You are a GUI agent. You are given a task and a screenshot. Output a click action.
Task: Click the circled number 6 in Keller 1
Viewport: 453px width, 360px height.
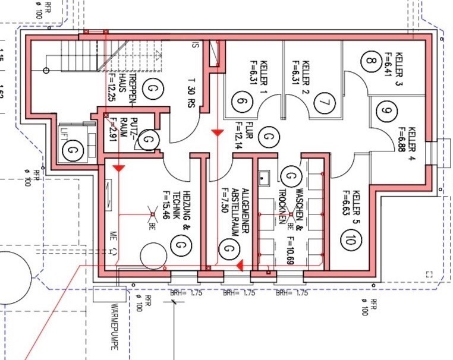[x=241, y=102]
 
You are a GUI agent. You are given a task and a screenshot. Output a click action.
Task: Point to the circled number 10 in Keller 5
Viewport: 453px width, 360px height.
[x=349, y=240]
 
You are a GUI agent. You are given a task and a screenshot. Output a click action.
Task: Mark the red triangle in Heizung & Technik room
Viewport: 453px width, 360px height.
[x=119, y=169]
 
